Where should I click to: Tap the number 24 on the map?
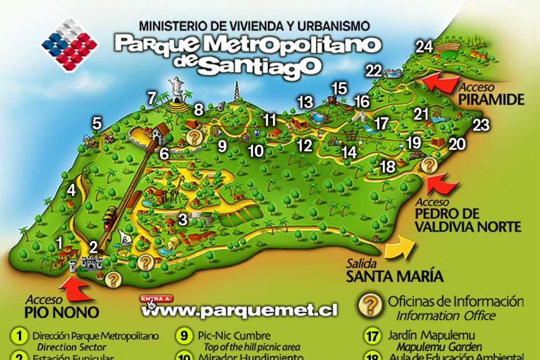coord(424,47)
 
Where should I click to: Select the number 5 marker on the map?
coord(97,123)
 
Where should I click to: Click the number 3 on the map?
coord(183,219)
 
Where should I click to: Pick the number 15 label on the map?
coord(339,89)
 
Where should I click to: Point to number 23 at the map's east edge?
coord(481,125)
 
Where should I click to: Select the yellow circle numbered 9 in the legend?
coord(185,337)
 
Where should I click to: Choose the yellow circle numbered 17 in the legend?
coord(373,337)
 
